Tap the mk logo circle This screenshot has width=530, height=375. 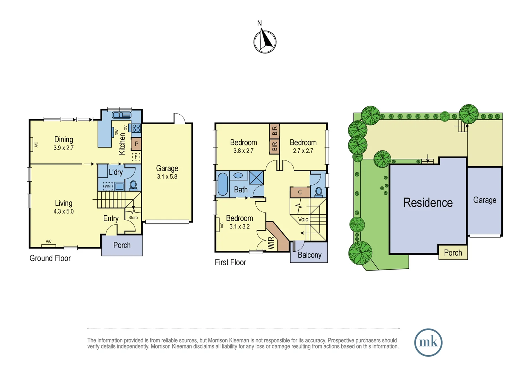click(428, 342)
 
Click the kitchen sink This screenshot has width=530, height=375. click(121, 115)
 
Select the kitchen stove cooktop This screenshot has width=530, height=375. click(136, 128)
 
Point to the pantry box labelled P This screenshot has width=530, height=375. click(136, 144)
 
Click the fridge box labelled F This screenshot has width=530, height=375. click(136, 157)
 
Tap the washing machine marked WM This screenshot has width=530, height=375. click(108, 186)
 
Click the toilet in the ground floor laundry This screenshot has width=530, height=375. click(133, 185)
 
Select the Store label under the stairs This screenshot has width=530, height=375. click(133, 218)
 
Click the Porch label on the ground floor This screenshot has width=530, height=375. click(122, 245)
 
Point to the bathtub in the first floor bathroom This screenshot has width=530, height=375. click(222, 184)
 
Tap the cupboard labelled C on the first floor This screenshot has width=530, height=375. click(300, 192)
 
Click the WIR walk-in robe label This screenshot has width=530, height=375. click(271, 243)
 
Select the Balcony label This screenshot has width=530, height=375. click(309, 255)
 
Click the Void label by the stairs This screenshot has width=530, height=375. click(303, 219)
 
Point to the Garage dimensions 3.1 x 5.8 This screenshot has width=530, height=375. click(167, 177)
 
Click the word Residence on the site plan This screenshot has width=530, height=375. click(428, 202)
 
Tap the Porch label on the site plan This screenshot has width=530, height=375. click(453, 253)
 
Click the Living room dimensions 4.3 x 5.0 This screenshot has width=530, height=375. click(63, 211)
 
